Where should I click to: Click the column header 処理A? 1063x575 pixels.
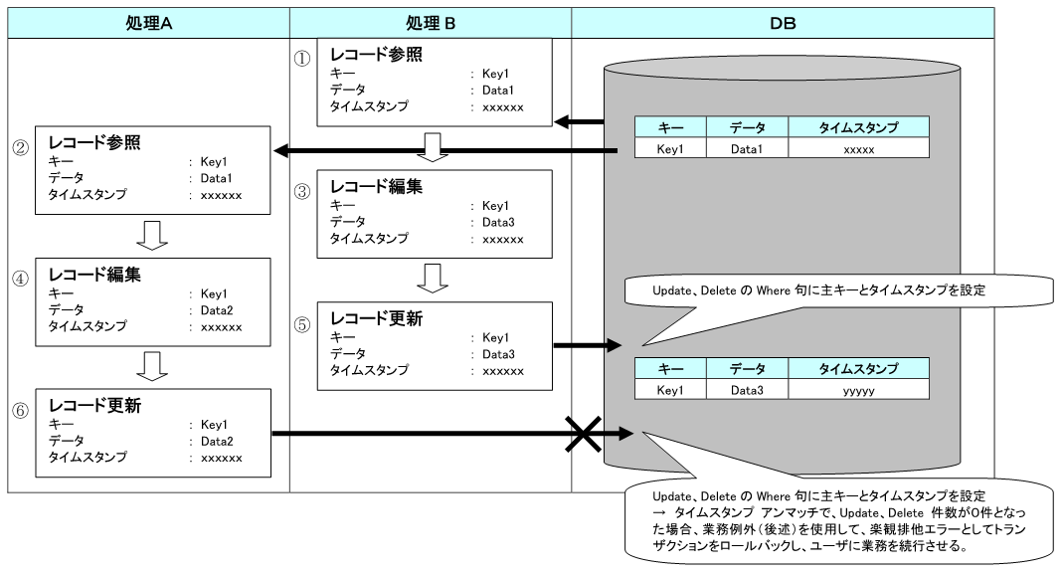tap(146, 23)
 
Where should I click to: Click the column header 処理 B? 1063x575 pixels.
tap(430, 23)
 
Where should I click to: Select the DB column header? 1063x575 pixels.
tap(782, 23)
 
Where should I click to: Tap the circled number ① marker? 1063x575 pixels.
tap(302, 58)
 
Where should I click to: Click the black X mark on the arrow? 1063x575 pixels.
tap(587, 434)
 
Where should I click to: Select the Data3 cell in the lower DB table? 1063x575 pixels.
tap(746, 391)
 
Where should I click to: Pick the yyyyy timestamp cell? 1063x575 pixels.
tap(858, 391)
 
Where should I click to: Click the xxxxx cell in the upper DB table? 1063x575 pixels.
tap(858, 148)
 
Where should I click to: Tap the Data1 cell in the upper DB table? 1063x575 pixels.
tap(746, 148)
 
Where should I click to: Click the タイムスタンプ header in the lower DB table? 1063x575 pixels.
tap(858, 369)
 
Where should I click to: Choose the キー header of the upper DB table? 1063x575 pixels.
tap(669, 126)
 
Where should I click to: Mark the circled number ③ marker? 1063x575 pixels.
tap(302, 193)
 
